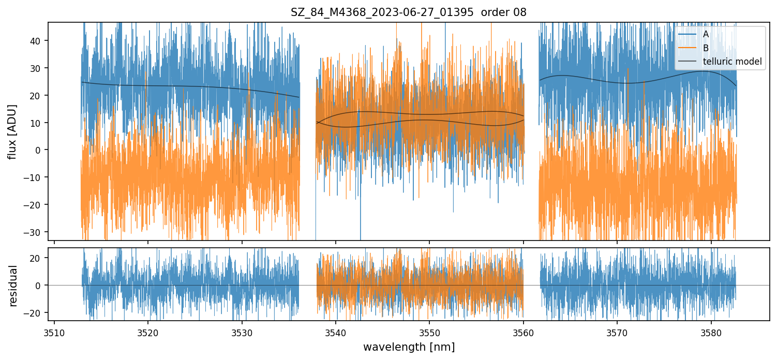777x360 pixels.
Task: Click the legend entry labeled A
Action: click(x=706, y=35)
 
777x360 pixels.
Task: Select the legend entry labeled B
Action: click(x=706, y=48)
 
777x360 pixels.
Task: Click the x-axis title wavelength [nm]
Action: click(x=409, y=347)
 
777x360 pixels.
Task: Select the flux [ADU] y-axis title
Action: click(x=12, y=131)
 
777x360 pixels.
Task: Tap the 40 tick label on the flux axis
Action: click(x=36, y=41)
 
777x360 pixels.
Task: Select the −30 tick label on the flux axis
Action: click(x=33, y=232)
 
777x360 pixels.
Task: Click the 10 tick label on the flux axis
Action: click(x=36, y=123)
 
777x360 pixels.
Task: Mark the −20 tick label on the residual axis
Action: click(x=33, y=313)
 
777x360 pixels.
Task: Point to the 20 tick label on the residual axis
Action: click(x=36, y=258)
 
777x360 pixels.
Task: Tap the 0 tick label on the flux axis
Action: click(x=38, y=150)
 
